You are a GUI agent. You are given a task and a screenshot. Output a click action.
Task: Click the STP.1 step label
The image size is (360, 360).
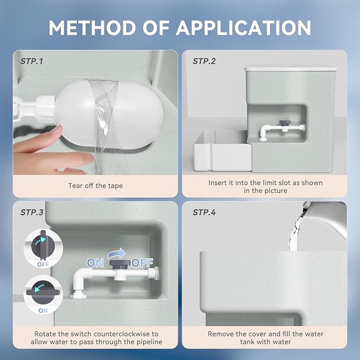[x=32, y=62]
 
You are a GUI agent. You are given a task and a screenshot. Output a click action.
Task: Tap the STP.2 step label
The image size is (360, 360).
[x=204, y=62]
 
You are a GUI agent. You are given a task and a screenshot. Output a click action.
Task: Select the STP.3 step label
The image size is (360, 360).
[x=32, y=213]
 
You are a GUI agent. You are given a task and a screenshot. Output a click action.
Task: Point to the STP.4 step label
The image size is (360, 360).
[x=204, y=213]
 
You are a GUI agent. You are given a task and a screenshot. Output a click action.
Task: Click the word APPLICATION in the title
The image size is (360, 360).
[x=243, y=28]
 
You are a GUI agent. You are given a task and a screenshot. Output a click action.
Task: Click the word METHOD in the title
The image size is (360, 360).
[x=92, y=28]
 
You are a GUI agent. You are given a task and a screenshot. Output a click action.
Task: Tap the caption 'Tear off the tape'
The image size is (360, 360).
[x=95, y=186]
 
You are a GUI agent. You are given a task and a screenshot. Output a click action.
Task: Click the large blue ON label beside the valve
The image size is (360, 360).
[x=95, y=263]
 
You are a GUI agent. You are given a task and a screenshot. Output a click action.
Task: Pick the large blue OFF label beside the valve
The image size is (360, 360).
[x=142, y=263]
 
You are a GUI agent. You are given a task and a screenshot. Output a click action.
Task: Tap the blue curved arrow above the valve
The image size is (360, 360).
[x=117, y=253]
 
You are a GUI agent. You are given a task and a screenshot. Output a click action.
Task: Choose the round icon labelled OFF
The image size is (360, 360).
[x=43, y=249]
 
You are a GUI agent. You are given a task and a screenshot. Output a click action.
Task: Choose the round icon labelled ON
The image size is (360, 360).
[x=43, y=295]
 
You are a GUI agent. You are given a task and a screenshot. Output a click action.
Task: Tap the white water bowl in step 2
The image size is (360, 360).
[x=223, y=151]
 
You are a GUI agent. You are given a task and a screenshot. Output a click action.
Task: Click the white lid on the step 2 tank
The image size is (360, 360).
[x=291, y=68]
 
